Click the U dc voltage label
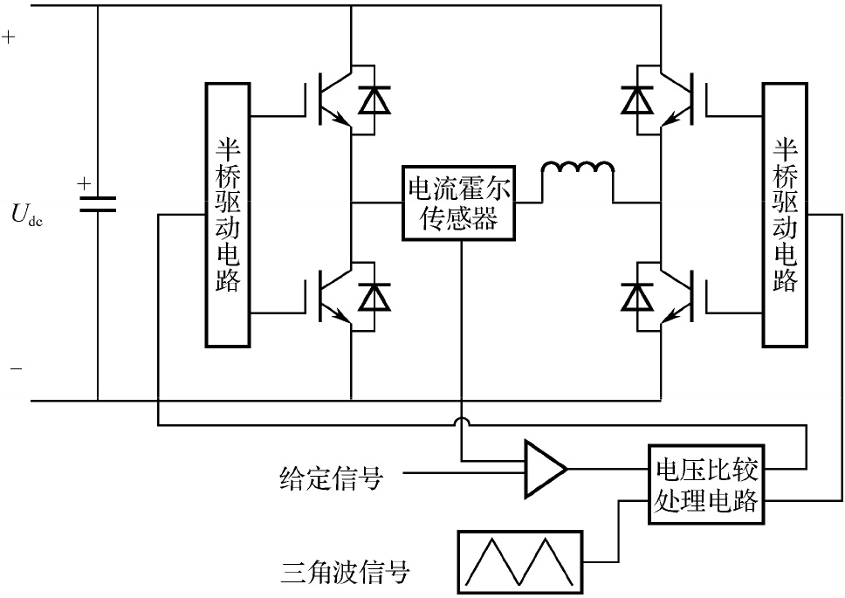point(27,214)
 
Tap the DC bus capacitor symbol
point(97,203)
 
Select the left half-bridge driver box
point(229,213)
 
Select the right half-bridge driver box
point(785,213)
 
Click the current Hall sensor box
point(460,203)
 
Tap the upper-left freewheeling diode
point(376,101)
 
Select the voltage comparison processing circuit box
point(707,485)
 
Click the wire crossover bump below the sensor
point(460,423)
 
